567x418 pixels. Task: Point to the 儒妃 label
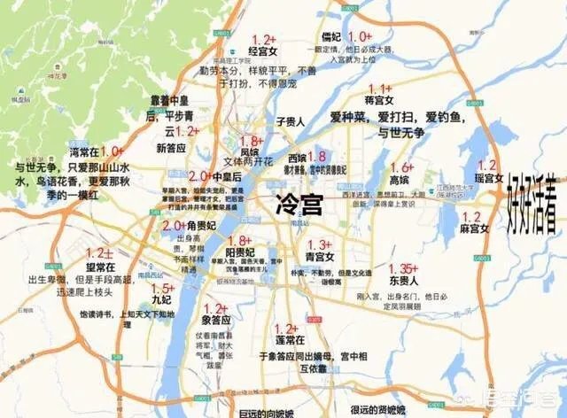point(330,37)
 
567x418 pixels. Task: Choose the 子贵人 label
point(291,121)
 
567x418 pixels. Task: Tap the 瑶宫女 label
point(487,178)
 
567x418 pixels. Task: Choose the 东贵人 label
point(403,282)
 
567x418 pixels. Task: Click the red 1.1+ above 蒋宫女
point(379,89)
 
